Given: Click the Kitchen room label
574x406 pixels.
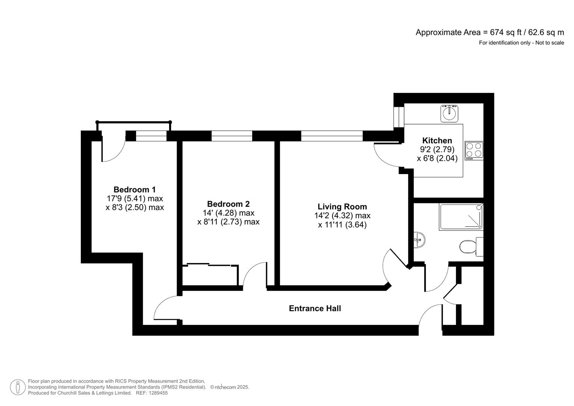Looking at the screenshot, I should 437,141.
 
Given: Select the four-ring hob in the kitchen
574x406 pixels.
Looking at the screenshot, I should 474,150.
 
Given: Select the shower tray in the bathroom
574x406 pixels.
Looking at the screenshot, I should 461,217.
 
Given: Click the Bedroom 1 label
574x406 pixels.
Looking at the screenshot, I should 135,189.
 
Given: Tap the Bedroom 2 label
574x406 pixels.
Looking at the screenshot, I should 228,204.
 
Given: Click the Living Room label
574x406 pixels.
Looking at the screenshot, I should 342,207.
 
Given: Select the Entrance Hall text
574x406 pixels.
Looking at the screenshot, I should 315,309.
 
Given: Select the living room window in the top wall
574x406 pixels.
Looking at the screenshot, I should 332,136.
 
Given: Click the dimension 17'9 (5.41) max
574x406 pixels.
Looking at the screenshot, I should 135,198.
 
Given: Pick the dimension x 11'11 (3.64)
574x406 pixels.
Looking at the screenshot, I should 342,225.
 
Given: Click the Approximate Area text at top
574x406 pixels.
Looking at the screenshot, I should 489,32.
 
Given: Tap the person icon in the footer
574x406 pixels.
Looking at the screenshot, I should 18,387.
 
